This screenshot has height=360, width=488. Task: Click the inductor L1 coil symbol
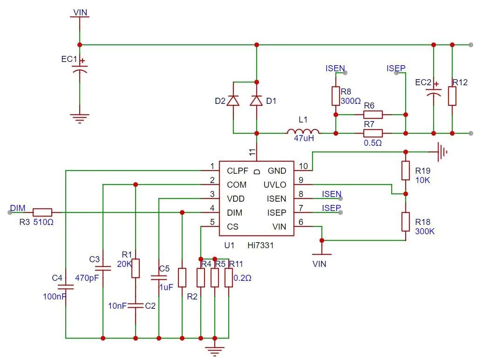tap(303, 131)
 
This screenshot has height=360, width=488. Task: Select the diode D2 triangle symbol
tap(233, 101)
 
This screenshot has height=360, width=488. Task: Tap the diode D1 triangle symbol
tap(257, 101)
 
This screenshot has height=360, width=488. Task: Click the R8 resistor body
tap(335, 96)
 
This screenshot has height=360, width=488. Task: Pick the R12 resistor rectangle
tap(452, 96)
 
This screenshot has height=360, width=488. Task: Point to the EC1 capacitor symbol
tap(80, 69)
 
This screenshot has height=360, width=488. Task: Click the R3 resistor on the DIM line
tap(42, 212)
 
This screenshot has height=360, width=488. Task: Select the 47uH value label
tap(304, 138)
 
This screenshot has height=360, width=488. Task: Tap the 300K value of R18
tap(425, 231)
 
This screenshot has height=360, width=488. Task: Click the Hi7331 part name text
tap(260, 245)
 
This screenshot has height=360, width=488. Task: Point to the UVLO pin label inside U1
tap(275, 185)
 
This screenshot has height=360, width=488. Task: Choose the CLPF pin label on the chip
tap(237, 171)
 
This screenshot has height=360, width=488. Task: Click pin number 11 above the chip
tap(252, 152)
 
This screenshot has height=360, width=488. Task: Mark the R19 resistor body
tap(406, 170)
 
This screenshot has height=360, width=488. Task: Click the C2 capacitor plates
tap(136, 306)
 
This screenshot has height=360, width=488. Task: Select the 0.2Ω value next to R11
tap(242, 278)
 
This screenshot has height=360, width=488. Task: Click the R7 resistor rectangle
tap(373, 133)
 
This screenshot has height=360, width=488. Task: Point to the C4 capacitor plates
tap(66, 287)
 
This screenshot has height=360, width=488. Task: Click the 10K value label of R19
tap(423, 180)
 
